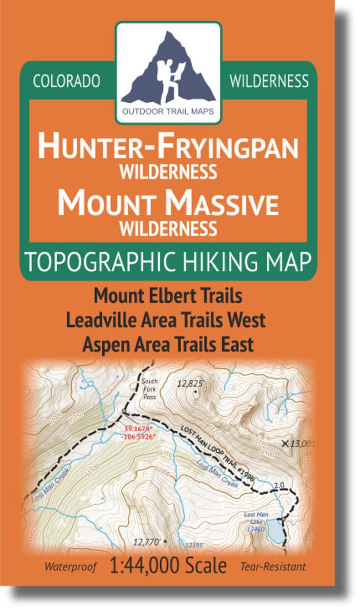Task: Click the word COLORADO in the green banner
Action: click(67, 81)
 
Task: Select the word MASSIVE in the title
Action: click(224, 204)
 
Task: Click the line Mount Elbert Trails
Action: click(168, 296)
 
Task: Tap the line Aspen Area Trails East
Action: click(168, 344)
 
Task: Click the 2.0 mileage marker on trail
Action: click(279, 485)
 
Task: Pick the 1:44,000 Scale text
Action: click(168, 566)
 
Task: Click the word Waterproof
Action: click(71, 567)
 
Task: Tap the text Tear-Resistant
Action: click(273, 567)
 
